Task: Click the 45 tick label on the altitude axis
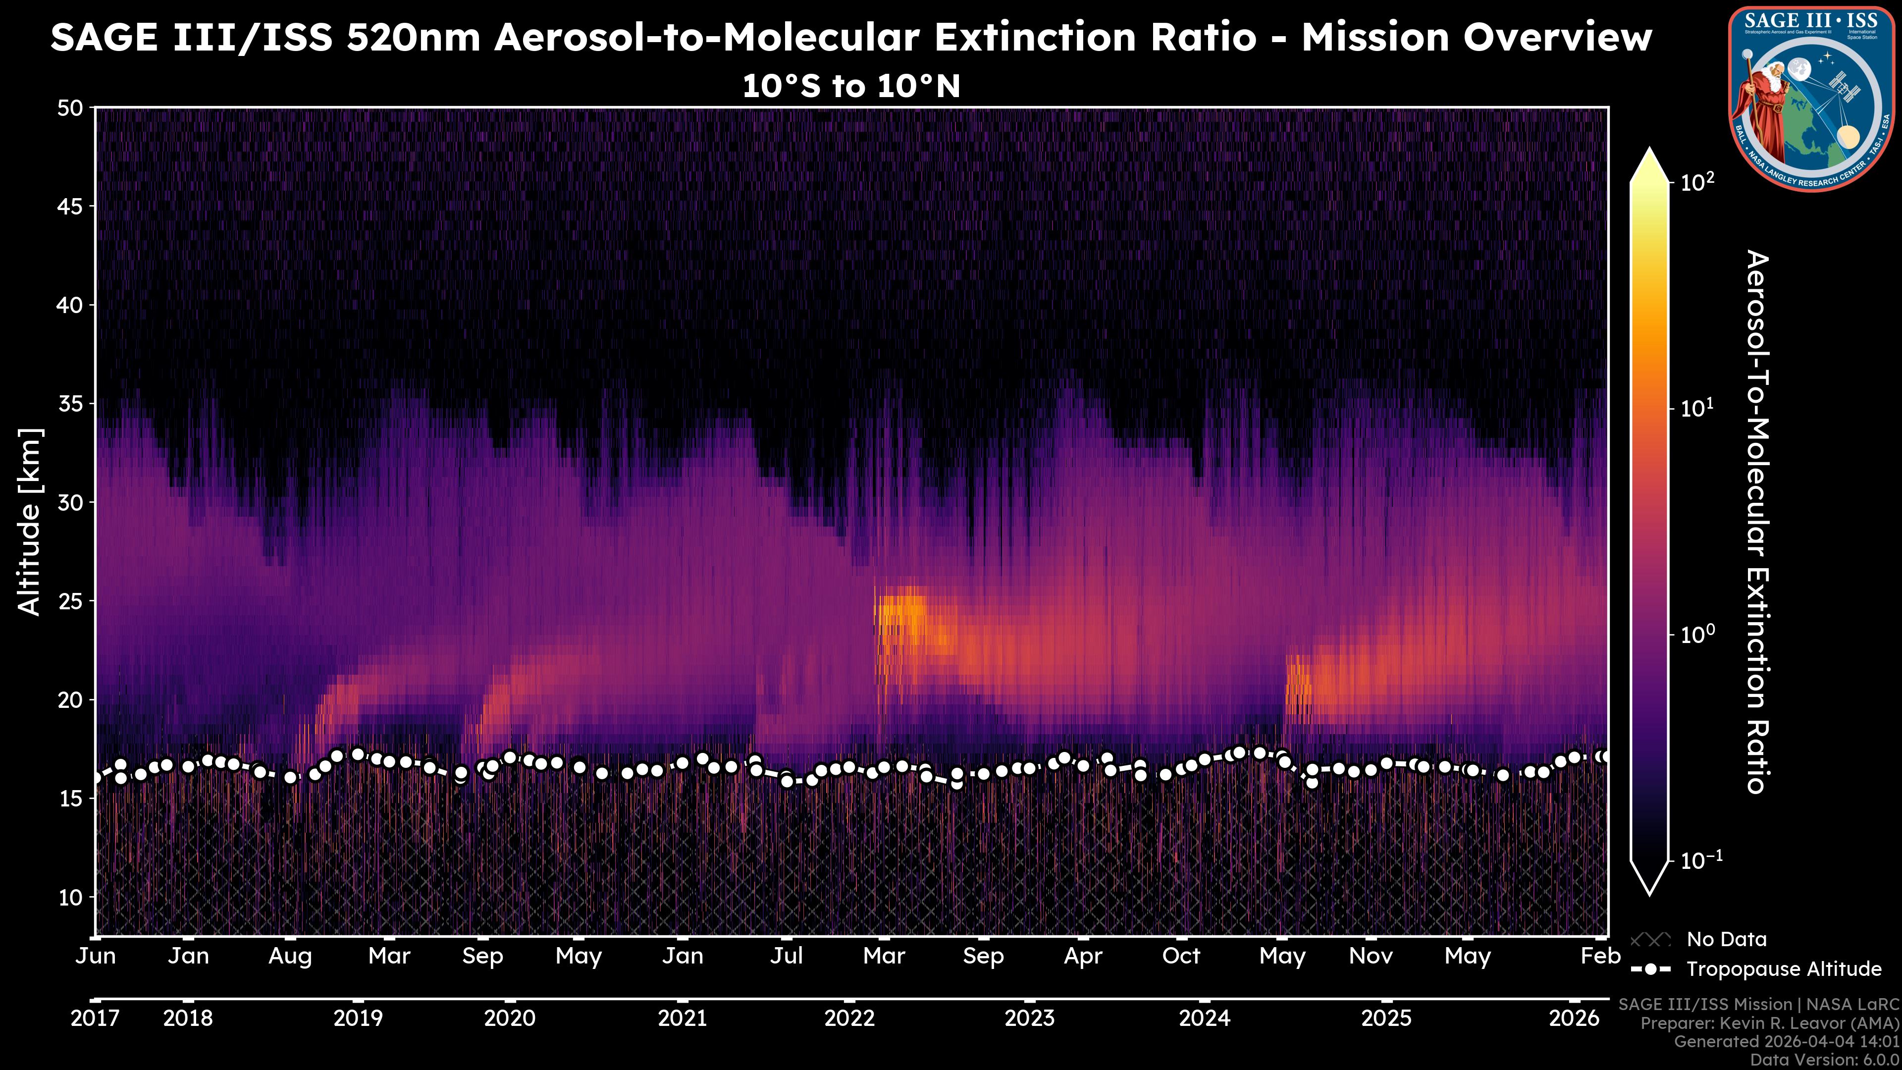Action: coord(70,207)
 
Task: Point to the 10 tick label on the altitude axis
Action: coord(70,897)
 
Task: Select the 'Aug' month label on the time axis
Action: coord(290,956)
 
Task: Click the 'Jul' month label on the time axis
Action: coord(787,956)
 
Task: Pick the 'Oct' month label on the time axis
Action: coord(1181,956)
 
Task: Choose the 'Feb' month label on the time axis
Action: coord(1600,956)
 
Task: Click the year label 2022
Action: coord(849,1018)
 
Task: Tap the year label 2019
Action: coord(358,1018)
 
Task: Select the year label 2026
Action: coord(1574,1018)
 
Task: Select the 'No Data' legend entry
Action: coord(1726,939)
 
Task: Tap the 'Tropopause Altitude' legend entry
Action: coord(1784,969)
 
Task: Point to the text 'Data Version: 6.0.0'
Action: coord(1825,1060)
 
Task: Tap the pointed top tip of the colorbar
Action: coord(1650,150)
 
